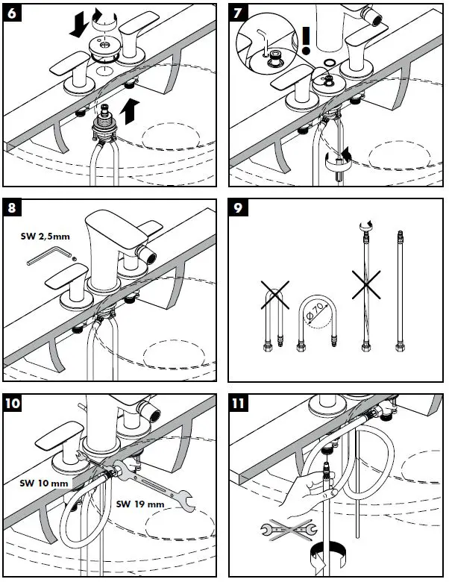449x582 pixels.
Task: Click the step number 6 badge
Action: coord(12,13)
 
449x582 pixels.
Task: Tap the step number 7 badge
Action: coord(238,13)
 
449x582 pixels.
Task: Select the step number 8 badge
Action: coord(12,207)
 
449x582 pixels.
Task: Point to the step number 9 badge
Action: coord(238,207)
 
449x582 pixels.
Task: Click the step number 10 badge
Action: coord(13,403)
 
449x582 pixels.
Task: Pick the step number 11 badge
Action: coord(239,403)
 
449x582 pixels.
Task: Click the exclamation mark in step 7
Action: coord(306,41)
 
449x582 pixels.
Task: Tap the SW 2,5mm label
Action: coord(45,237)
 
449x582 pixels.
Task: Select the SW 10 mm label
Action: coord(44,483)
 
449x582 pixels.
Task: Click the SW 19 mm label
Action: coord(140,504)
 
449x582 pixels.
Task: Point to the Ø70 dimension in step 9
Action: coord(315,311)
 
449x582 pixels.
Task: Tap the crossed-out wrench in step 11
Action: coord(289,529)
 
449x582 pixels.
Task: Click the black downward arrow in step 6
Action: coord(78,25)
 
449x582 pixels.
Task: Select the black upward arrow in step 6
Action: coord(130,111)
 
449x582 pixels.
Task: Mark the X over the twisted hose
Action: coord(366,285)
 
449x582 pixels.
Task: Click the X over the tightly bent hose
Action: coord(275,295)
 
